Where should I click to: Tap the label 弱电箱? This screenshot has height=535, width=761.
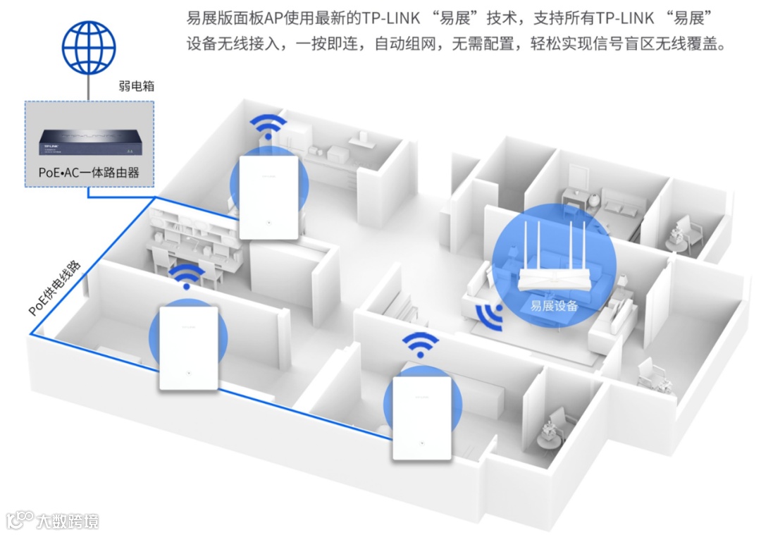(x=137, y=87)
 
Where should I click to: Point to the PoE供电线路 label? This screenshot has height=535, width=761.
(x=55, y=288)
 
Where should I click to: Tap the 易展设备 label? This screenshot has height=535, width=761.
(x=554, y=306)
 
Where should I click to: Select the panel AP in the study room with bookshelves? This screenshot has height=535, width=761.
(x=268, y=197)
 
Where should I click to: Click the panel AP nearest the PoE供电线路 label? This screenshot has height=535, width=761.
(x=187, y=347)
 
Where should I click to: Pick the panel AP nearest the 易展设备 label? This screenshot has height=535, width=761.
(x=421, y=419)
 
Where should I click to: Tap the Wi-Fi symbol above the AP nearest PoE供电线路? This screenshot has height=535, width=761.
(x=187, y=278)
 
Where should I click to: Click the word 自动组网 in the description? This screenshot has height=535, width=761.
(x=400, y=44)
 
